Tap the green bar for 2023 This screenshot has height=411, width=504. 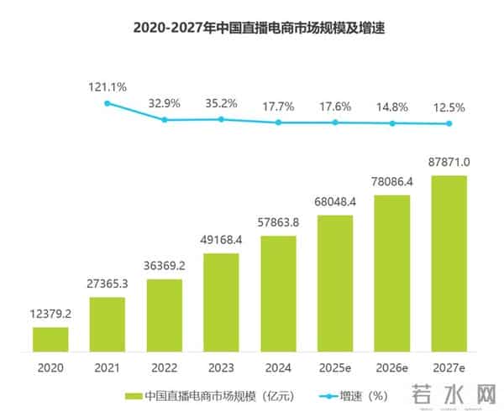pos(221,301)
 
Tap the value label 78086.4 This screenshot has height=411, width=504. pos(392,183)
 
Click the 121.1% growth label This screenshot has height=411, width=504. pos(108,86)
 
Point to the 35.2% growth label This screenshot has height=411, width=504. pos(221,104)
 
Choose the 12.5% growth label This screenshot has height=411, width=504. pos(449,108)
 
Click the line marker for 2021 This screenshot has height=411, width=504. pos(108,103)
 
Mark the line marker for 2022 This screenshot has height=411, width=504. pos(165,120)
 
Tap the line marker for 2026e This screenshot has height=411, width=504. pos(392,123)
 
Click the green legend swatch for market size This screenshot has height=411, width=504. pos(132,395)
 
